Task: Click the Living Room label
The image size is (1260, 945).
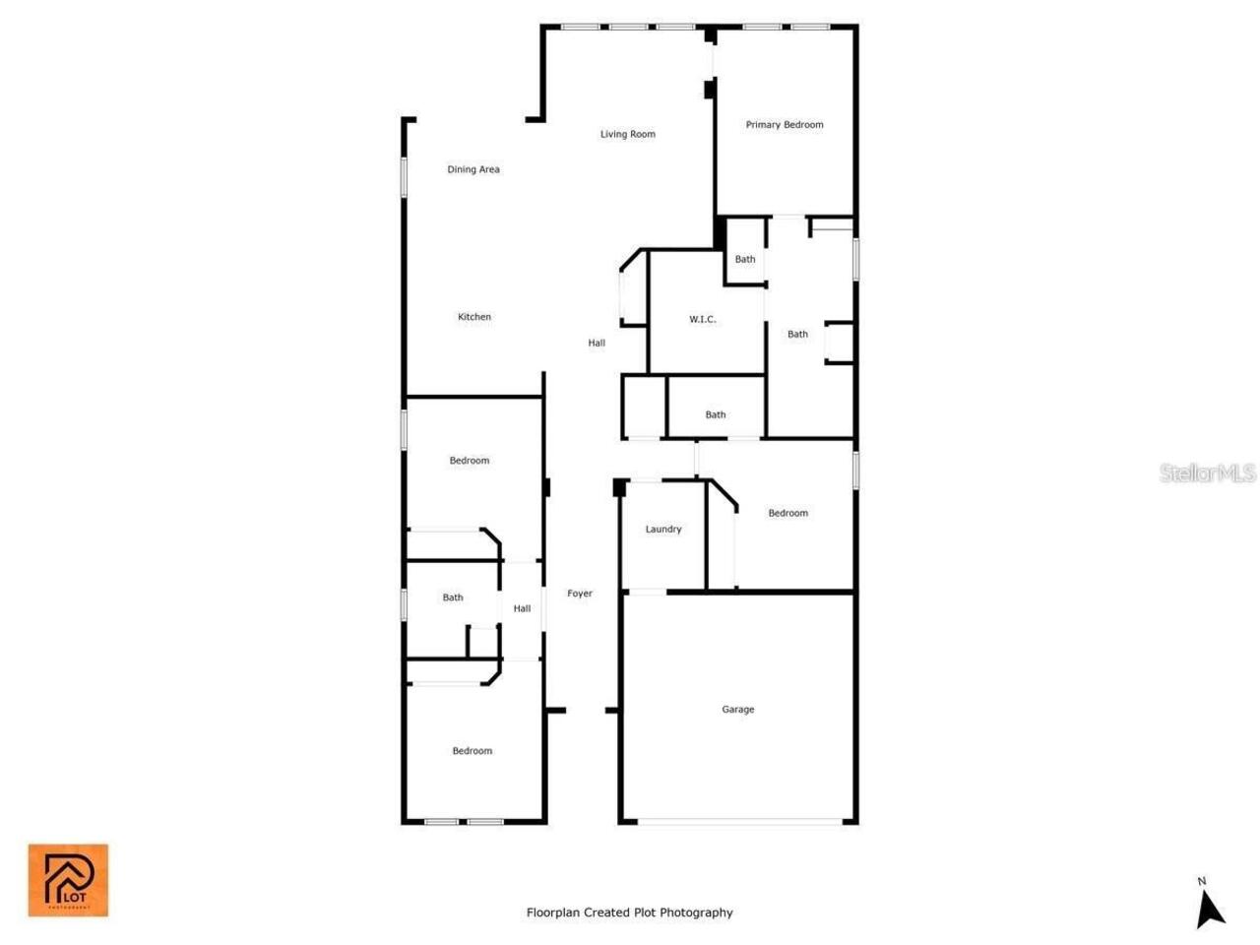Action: pyautogui.click(x=628, y=134)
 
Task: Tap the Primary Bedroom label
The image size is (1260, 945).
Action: pyautogui.click(x=785, y=125)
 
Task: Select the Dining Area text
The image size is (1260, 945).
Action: pyautogui.click(x=473, y=169)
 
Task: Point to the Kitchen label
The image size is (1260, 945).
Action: pyautogui.click(x=474, y=317)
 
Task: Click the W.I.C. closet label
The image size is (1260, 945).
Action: pyautogui.click(x=703, y=320)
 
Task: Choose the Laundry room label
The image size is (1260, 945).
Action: pyautogui.click(x=663, y=530)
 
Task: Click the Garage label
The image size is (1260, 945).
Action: pyautogui.click(x=738, y=710)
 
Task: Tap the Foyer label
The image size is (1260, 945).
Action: pyautogui.click(x=580, y=594)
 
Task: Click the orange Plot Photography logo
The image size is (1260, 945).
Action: pyautogui.click(x=68, y=880)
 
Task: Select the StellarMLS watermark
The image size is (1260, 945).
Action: pyautogui.click(x=1208, y=473)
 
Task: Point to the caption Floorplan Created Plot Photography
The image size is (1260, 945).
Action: pyautogui.click(x=630, y=913)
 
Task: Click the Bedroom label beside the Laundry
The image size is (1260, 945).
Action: pyautogui.click(x=788, y=513)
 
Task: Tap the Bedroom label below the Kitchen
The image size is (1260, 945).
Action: pyautogui.click(x=470, y=461)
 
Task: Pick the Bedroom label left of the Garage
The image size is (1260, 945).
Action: pyautogui.click(x=472, y=751)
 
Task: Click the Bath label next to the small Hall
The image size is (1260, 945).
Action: pyautogui.click(x=453, y=598)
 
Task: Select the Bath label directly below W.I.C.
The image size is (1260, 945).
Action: pyautogui.click(x=716, y=415)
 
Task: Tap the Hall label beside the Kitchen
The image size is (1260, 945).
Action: pyautogui.click(x=597, y=344)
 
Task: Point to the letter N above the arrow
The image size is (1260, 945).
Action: pyautogui.click(x=1202, y=881)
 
